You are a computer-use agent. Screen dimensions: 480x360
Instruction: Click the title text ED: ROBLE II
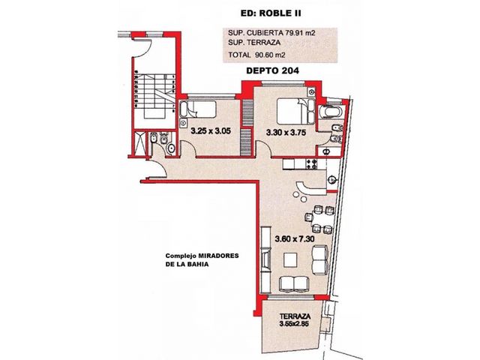[271, 13]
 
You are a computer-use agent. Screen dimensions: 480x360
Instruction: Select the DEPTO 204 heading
[272, 70]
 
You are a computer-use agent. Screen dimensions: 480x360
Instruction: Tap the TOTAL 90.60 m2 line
[256, 55]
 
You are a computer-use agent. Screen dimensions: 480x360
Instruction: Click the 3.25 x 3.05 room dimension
[211, 131]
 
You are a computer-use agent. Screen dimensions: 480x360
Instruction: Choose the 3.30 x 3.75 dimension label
[286, 133]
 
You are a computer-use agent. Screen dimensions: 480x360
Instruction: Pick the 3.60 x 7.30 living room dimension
[295, 238]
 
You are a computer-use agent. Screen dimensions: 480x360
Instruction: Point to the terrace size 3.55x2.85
[294, 323]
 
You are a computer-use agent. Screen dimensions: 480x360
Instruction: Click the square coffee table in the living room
[290, 260]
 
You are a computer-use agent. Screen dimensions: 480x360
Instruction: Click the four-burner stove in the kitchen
[312, 164]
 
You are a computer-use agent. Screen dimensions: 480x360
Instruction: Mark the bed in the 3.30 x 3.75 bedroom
[295, 111]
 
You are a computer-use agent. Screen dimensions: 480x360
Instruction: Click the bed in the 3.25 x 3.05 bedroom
[198, 109]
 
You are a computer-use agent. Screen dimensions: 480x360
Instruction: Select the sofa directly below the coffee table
[294, 283]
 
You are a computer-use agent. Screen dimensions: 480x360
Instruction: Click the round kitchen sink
[331, 180]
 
